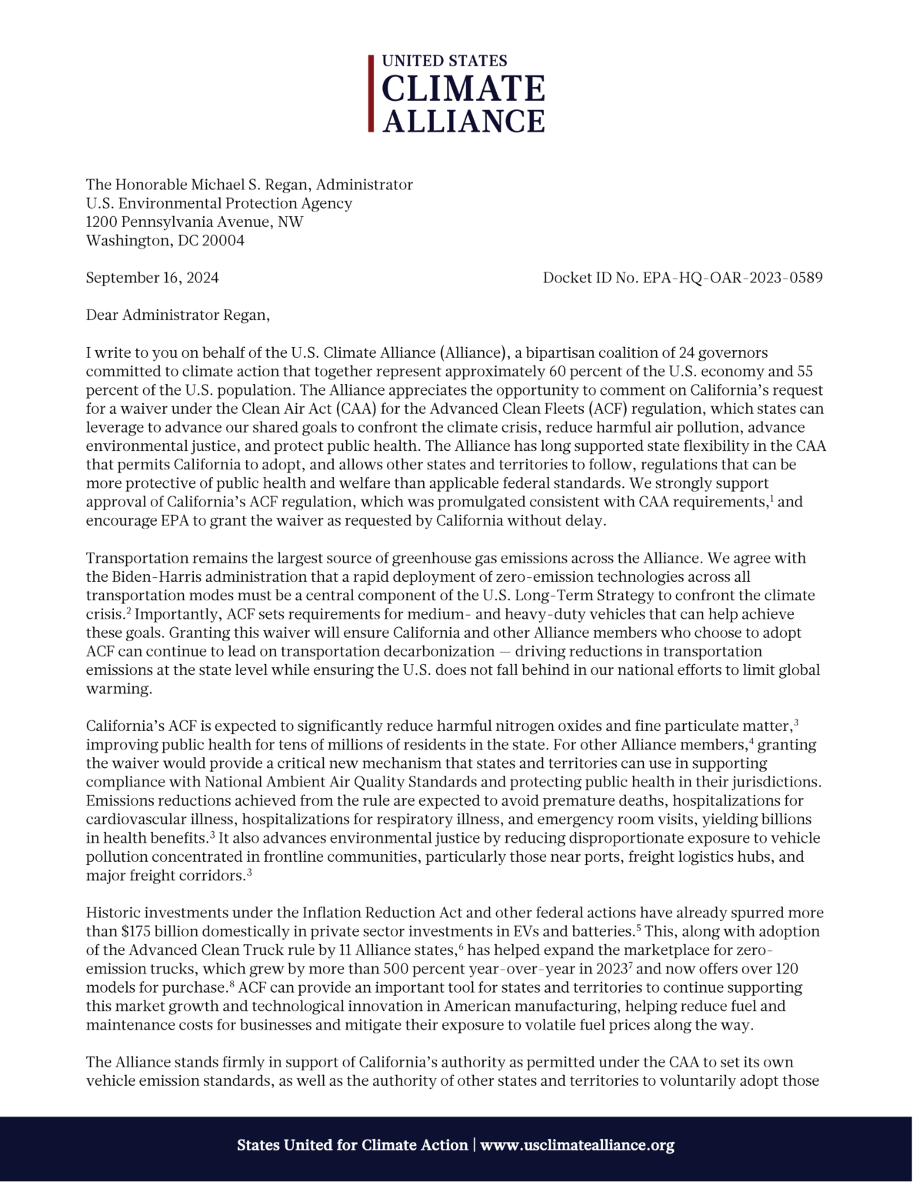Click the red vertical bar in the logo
click(x=371, y=93)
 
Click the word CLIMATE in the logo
click(x=463, y=89)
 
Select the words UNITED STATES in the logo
click(x=445, y=61)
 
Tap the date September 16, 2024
click(x=152, y=278)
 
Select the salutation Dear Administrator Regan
click(x=178, y=315)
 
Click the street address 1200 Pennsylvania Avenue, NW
click(x=195, y=222)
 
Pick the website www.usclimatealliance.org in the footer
click(x=577, y=1145)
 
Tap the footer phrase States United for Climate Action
click(x=352, y=1145)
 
